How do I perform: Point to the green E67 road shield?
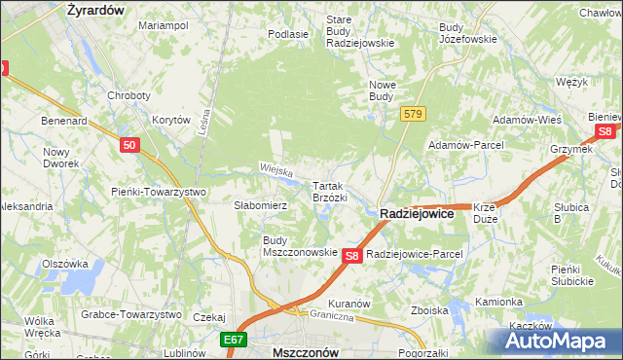233,341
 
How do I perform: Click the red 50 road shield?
130,145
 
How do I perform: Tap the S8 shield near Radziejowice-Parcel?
353,255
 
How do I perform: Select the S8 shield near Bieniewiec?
605,131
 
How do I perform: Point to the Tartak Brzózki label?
329,191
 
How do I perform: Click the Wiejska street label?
276,169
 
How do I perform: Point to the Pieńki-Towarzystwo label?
158,192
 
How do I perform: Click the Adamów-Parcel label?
464,145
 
